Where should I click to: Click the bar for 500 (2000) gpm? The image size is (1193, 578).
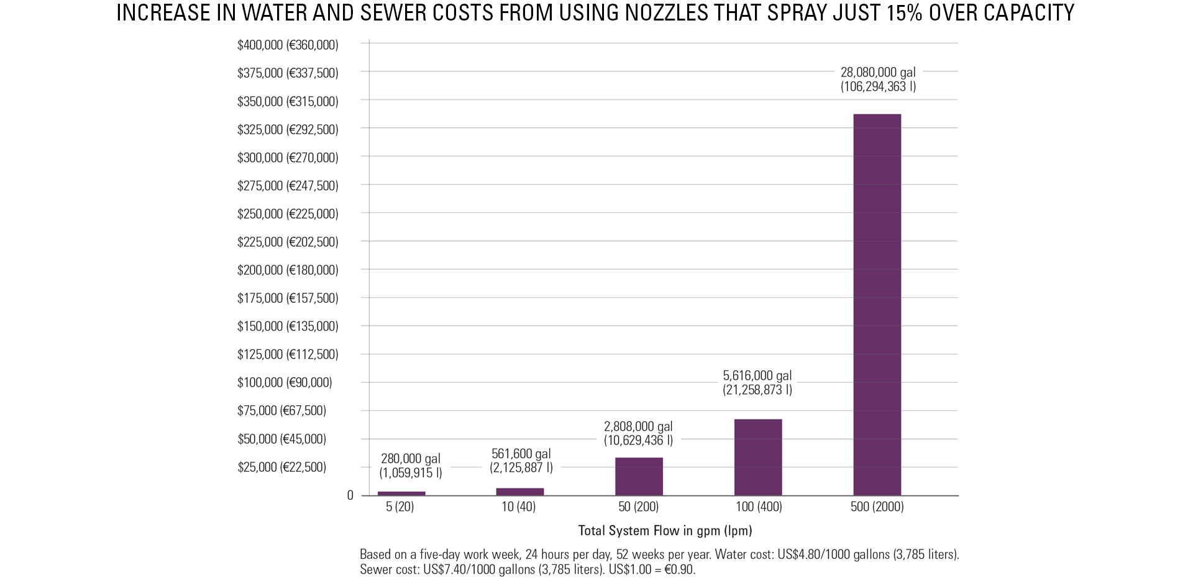tap(877, 305)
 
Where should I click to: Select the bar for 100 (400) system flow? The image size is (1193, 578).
tap(758, 457)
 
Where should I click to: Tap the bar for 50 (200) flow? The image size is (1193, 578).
tap(639, 476)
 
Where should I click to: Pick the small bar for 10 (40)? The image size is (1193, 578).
tap(520, 492)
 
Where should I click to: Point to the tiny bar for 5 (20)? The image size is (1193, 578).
tap(401, 493)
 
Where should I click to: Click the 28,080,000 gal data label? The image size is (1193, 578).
tap(878, 80)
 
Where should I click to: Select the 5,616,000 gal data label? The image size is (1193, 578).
tap(757, 383)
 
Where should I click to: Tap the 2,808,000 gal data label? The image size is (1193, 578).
tap(638, 433)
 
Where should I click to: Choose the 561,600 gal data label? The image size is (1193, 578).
tap(521, 461)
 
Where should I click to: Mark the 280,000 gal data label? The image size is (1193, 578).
tap(411, 466)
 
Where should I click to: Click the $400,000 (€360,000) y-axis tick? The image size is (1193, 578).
tap(288, 45)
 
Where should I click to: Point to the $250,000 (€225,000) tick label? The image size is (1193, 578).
tap(288, 214)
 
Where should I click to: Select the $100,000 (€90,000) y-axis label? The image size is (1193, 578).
tap(285, 382)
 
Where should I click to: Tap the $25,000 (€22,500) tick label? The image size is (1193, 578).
tap(281, 467)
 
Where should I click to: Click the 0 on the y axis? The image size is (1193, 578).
tap(350, 495)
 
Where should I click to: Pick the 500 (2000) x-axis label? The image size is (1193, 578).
tap(877, 507)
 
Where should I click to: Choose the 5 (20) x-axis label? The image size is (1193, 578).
tap(400, 507)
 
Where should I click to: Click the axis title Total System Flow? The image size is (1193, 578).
tap(665, 531)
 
